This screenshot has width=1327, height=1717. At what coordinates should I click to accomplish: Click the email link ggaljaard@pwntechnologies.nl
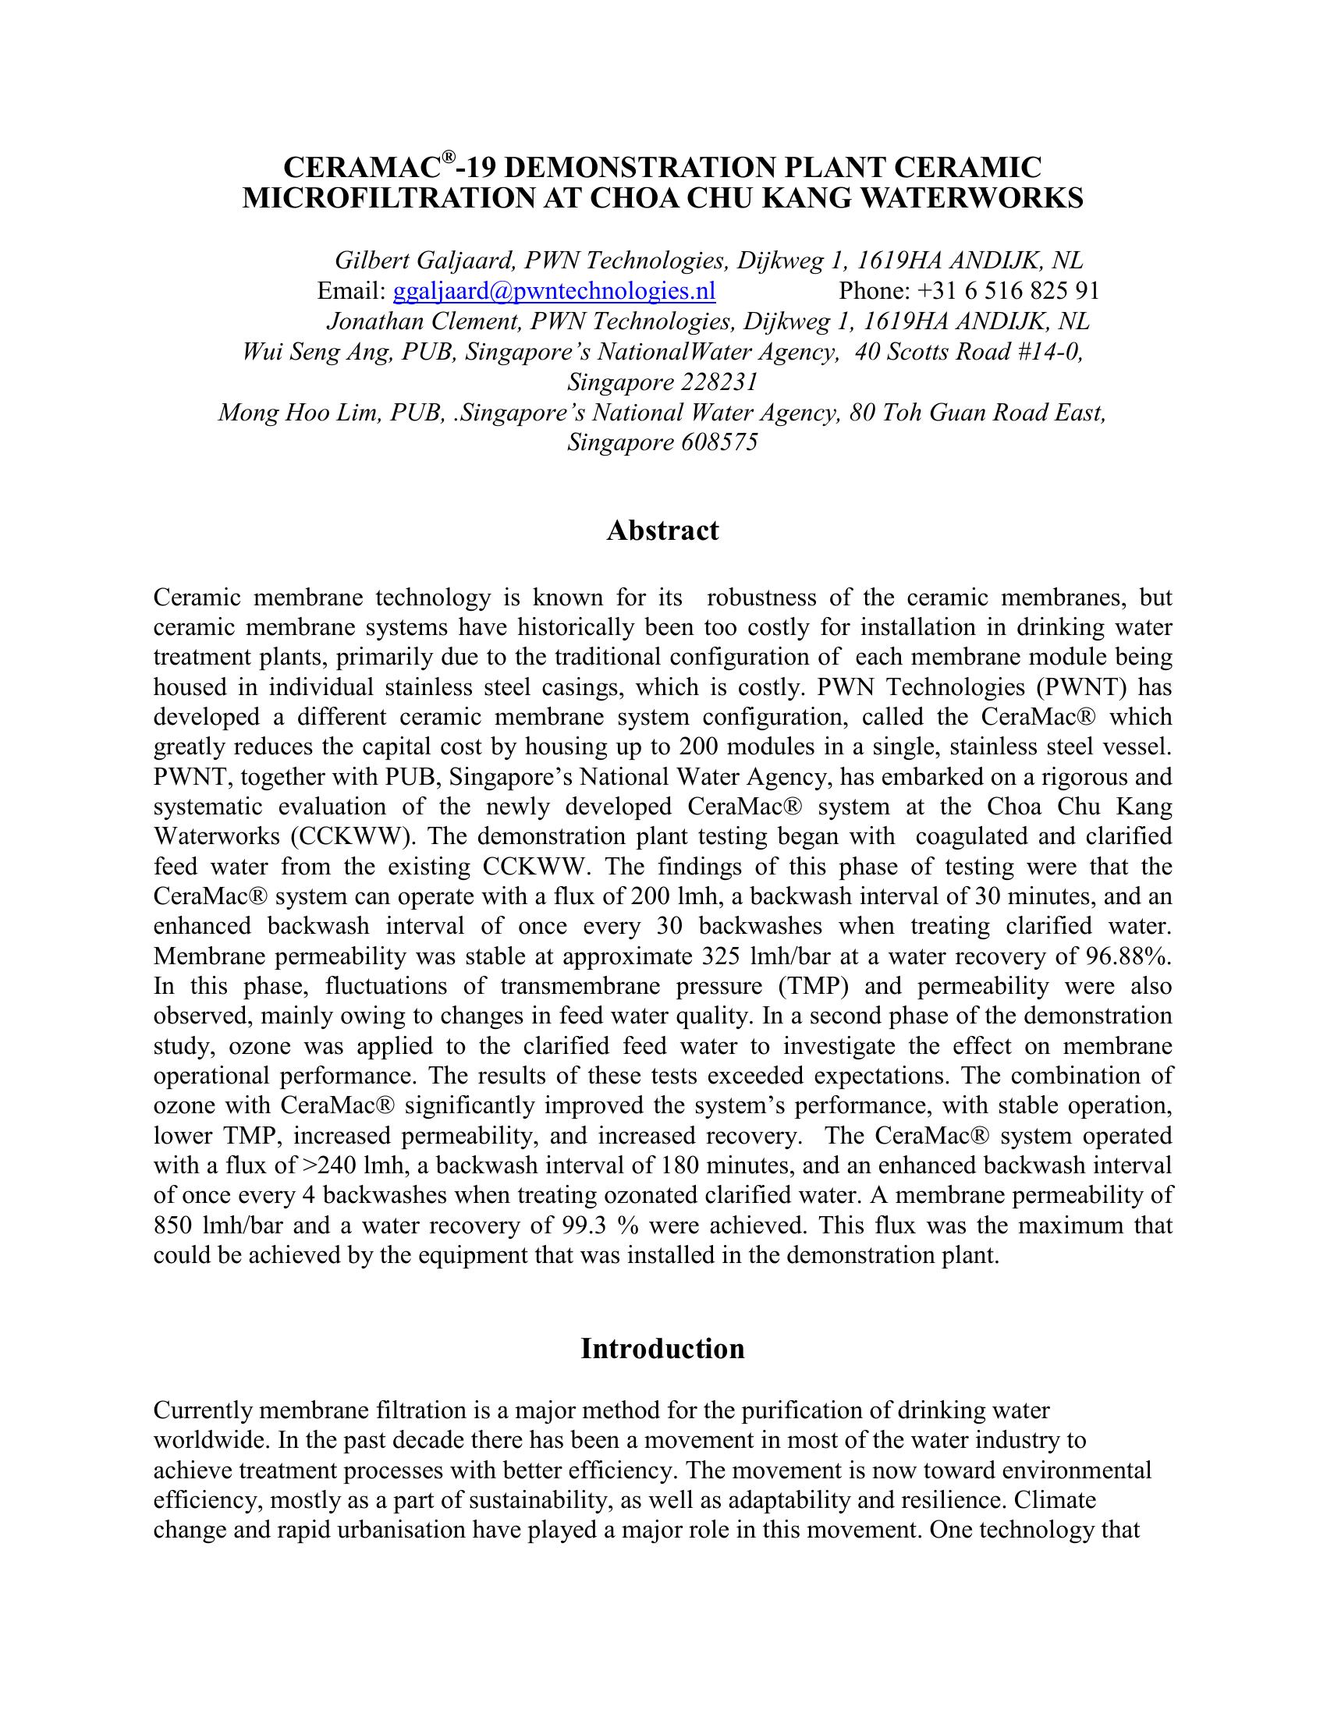(x=553, y=292)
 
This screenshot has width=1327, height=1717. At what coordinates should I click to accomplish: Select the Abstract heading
(x=662, y=530)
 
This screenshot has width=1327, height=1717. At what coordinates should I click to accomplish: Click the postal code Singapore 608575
(x=662, y=442)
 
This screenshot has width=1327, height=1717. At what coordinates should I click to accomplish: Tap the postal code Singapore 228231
(x=662, y=382)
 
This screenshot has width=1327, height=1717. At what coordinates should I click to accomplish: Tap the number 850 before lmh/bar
(x=173, y=1226)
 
